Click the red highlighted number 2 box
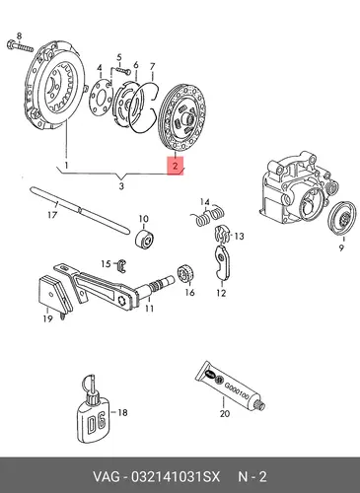coord(176,166)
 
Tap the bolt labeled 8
coord(20,47)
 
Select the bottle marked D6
coord(93,408)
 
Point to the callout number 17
coord(52,215)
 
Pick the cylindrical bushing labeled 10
coord(146,238)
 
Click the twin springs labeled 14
coord(208,215)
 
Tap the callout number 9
coord(341,247)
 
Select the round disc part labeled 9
coord(342,218)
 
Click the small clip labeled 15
coord(122,265)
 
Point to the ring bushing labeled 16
coord(186,272)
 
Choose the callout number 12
coord(221,293)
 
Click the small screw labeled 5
coord(121,69)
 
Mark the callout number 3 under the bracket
coord(121,186)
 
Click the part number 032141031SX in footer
coord(176,476)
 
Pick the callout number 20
coord(225,413)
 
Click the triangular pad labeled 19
coord(55,294)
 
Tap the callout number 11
coord(149,309)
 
